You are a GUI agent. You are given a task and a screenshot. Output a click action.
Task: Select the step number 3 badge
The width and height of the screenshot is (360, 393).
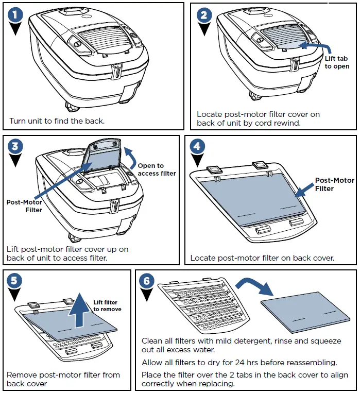16,146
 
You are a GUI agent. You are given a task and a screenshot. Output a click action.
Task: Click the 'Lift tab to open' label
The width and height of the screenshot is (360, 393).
337,63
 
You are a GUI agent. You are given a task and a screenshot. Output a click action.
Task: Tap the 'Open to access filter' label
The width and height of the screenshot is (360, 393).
157,169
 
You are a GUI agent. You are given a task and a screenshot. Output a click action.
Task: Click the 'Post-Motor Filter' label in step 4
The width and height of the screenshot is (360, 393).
334,184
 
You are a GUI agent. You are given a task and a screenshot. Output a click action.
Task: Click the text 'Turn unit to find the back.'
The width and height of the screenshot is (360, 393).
57,122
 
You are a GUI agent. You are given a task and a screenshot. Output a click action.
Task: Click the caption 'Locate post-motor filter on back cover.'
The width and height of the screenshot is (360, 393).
263,258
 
